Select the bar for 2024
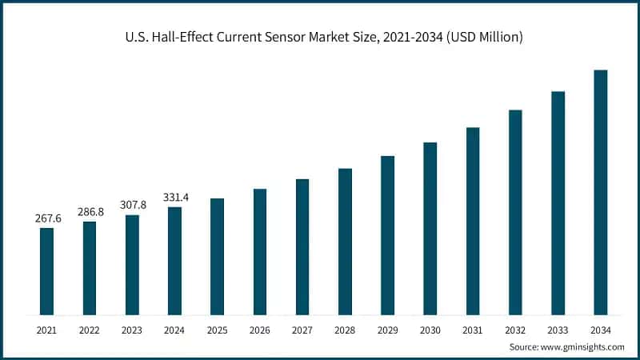(174, 260)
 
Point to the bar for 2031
(473, 220)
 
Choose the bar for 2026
(260, 251)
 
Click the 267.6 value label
(47, 218)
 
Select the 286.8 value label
(90, 212)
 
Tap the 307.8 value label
(132, 205)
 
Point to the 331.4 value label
(174, 197)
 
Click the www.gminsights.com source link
(583, 346)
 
